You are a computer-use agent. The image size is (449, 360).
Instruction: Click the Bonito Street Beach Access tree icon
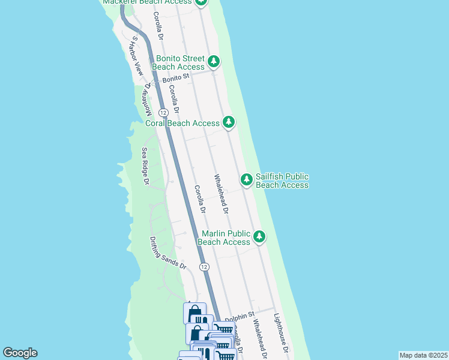213,61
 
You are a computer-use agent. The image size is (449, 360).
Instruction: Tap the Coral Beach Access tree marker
228,122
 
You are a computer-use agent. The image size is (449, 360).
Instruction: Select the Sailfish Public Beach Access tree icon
247,179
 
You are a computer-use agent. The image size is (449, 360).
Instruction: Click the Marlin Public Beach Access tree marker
259,236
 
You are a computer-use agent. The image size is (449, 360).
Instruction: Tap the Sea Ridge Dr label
145,166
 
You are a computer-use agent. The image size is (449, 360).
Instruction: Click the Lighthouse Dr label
282,334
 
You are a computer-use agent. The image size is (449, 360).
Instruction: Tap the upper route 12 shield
163,113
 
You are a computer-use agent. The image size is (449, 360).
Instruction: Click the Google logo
20,353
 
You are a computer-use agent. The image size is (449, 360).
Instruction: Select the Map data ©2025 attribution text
423,355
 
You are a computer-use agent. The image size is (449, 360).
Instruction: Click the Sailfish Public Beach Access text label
282,181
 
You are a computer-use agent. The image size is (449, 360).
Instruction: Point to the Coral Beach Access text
182,123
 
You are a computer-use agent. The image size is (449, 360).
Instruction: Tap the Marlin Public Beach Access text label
224,238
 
